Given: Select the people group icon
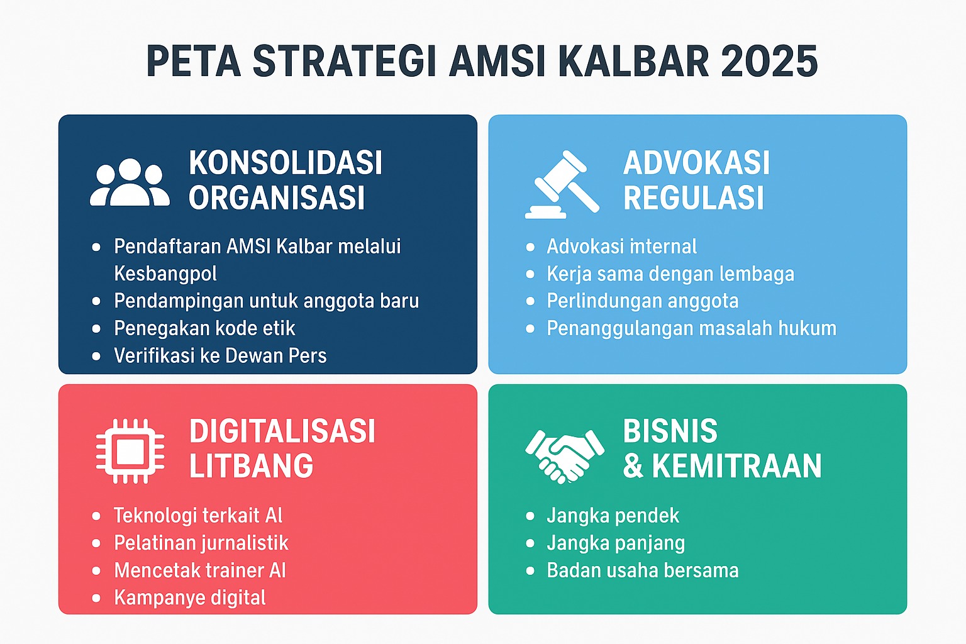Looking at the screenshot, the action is tap(130, 182).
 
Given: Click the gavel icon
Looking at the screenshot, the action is tap(562, 185).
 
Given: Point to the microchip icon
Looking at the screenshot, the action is tap(130, 451).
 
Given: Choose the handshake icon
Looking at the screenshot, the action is tap(565, 457).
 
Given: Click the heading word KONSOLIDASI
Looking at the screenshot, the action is tap(286, 163).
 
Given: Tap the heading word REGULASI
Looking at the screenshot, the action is tap(693, 198).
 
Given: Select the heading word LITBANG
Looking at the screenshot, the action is tap(251, 466).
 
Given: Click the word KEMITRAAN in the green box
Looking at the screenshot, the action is tap(736, 466).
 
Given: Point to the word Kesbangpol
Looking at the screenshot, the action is tap(165, 274).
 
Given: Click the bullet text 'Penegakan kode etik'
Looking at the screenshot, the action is tap(204, 328).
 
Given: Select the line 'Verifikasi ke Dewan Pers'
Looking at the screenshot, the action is tap(220, 355).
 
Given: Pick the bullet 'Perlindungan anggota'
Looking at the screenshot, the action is tap(643, 301).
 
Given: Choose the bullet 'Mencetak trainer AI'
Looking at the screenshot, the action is tap(199, 570).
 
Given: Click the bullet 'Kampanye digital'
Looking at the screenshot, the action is tap(190, 598).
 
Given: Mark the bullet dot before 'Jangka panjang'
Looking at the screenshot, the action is tap(530, 543).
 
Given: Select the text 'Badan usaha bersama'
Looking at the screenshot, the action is tap(643, 570).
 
